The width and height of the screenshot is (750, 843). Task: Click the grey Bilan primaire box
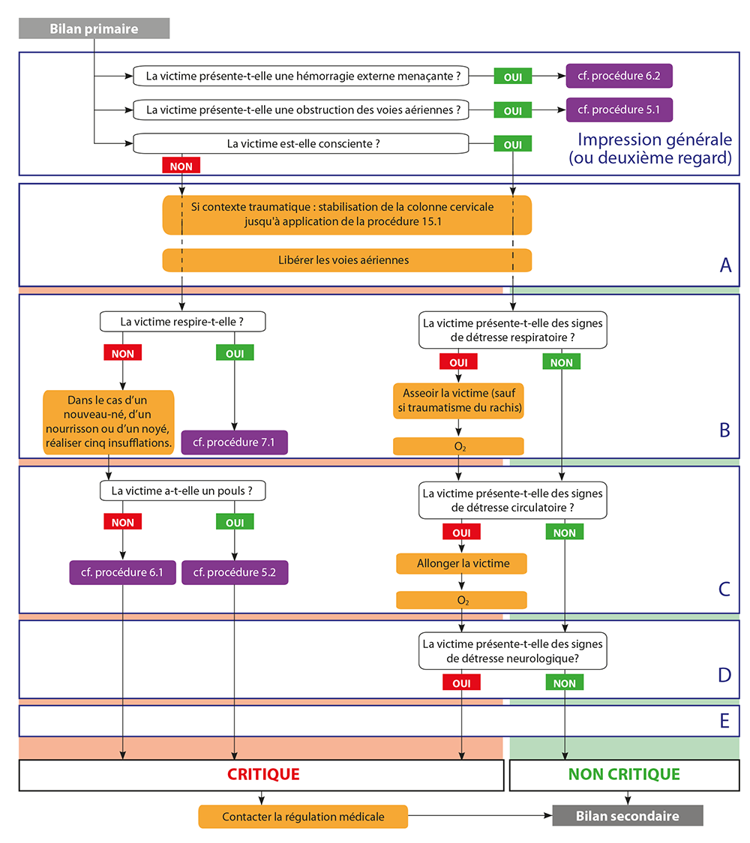94,29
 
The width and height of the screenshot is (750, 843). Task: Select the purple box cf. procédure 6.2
619,76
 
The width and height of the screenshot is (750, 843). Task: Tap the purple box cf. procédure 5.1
619,109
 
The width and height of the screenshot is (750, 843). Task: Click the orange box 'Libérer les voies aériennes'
346,260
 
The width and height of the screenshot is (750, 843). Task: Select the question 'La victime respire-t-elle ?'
183,322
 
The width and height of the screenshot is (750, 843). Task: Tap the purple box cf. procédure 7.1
234,442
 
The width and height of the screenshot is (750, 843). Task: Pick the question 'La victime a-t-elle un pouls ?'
183,491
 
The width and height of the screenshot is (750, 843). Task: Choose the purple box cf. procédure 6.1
122,573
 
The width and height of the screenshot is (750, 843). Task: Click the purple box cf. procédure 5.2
234,573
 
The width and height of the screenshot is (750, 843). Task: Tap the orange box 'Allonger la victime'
461,563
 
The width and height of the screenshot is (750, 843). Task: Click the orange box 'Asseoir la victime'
457,400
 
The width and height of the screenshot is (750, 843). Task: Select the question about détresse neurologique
513,652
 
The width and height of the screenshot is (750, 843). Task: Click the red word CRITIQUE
262,775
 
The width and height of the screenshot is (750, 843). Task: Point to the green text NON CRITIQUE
624,775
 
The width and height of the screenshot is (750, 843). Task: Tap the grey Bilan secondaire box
627,816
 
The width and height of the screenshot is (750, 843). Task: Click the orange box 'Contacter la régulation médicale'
303,817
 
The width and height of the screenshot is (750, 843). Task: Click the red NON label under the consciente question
181,164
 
